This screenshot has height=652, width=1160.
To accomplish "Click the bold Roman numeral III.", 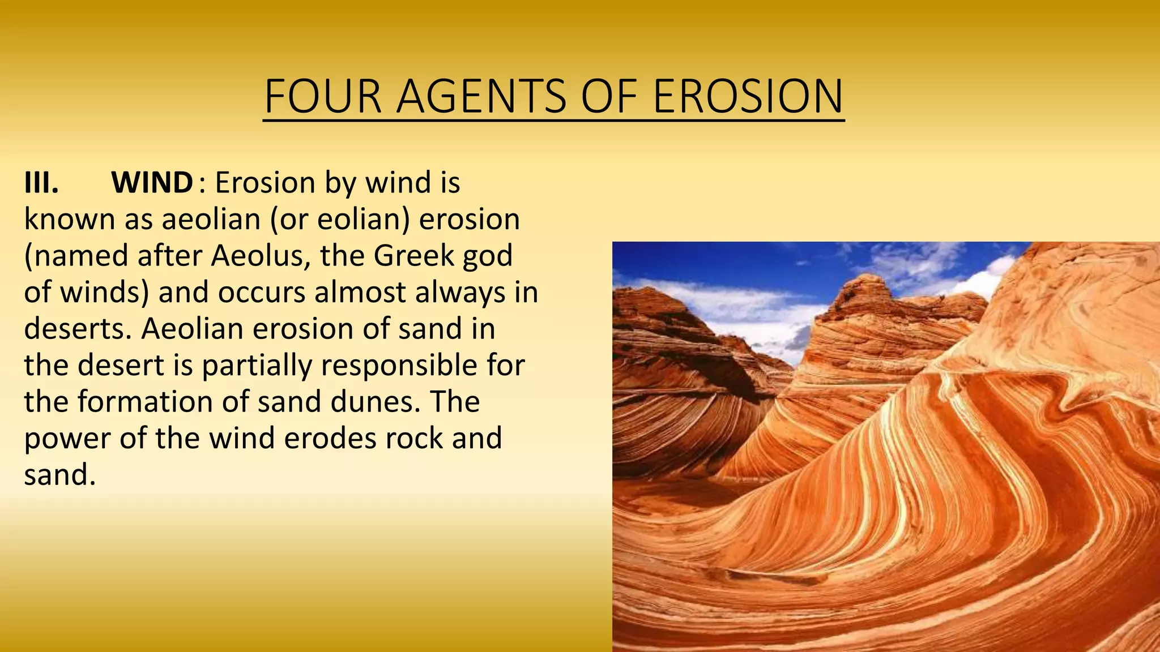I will point(41,183).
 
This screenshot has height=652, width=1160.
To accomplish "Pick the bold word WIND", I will point(152,183).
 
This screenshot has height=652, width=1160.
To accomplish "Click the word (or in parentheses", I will point(288,220).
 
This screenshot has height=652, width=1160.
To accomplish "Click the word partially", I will point(257,366).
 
